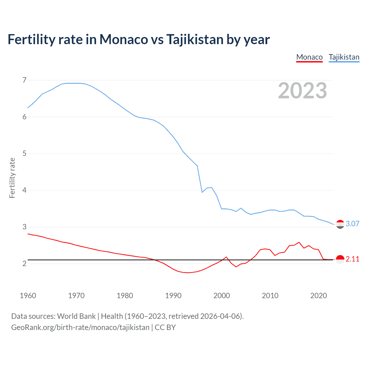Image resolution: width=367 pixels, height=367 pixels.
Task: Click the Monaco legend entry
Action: (309, 57)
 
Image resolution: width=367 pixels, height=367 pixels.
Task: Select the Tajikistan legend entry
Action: (344, 57)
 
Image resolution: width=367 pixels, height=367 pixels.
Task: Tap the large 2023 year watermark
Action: (302, 91)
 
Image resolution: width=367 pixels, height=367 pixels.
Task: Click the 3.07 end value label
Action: (352, 224)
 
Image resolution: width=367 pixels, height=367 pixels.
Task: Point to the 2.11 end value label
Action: (352, 259)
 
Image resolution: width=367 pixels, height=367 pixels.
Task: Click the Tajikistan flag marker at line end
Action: (340, 224)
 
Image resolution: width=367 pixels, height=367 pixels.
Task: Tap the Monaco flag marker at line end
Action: (340, 259)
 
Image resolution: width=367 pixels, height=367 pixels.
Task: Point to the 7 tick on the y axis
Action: (24, 80)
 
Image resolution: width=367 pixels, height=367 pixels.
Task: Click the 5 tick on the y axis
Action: (24, 154)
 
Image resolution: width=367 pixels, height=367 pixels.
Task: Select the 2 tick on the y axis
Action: (24, 263)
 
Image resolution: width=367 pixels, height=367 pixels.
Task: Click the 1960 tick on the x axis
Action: (28, 296)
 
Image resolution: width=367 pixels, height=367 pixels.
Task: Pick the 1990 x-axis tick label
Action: (173, 296)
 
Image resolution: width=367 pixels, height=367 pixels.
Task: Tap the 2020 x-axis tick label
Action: (319, 296)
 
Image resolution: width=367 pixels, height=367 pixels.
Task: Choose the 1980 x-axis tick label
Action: (125, 296)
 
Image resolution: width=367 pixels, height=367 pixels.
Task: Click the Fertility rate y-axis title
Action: (12, 178)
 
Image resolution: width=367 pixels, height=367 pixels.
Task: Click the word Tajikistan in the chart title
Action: (194, 40)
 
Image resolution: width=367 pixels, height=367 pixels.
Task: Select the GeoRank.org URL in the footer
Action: (80, 327)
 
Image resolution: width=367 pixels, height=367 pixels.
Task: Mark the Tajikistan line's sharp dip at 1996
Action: (202, 192)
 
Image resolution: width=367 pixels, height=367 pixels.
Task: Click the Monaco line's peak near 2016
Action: (299, 242)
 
